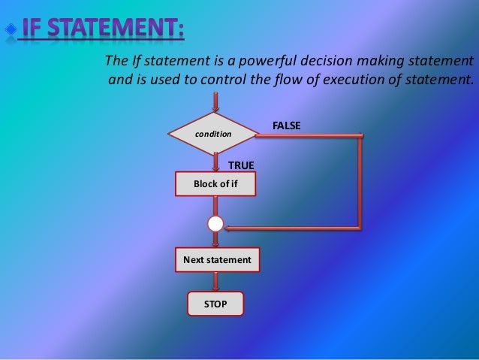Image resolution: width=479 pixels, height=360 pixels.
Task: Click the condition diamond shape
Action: [214, 133]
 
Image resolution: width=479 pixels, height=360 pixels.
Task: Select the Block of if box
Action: [215, 183]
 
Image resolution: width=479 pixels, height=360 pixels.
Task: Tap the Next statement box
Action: [217, 259]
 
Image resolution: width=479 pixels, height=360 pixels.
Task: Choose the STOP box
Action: [215, 304]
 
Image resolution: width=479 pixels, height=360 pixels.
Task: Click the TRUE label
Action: [241, 165]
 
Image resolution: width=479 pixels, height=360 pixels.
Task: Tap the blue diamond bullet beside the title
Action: [10, 30]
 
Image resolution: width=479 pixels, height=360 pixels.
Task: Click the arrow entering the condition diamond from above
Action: [216, 104]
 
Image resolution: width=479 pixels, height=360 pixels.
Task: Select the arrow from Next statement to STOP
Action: [216, 281]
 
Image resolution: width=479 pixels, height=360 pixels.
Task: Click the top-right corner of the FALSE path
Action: [361, 136]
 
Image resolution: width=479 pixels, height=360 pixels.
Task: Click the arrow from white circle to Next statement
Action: [216, 240]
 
